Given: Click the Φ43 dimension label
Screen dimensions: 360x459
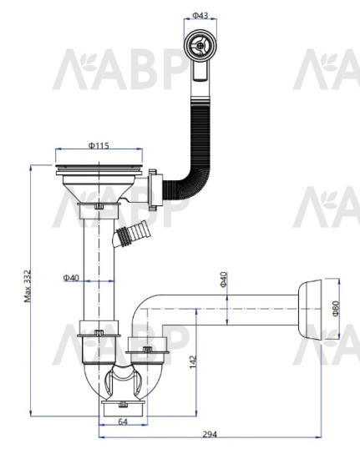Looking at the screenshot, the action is point(200,15).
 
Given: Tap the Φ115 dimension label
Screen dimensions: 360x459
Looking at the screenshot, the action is point(99,145).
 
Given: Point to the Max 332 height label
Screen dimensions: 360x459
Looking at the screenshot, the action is point(28,286).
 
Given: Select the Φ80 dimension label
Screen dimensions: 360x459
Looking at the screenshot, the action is point(336,309).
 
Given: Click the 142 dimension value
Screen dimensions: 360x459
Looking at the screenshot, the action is point(193,362).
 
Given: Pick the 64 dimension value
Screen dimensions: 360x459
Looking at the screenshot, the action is point(123,421).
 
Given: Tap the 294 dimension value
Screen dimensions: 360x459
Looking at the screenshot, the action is point(210,435).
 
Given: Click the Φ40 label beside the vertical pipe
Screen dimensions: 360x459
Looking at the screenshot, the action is point(71,277).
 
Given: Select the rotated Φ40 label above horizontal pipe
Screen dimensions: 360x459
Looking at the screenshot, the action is point(224,280).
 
